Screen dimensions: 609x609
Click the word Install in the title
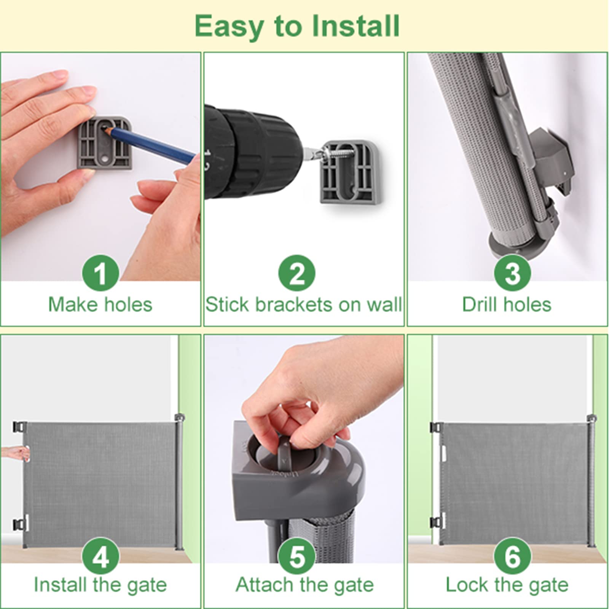[356, 26]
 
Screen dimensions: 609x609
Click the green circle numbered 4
[100, 556]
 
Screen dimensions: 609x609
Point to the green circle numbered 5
[297, 556]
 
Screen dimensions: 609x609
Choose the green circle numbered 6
[512, 556]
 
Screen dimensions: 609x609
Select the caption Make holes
[100, 304]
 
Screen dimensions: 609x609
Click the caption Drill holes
[507, 304]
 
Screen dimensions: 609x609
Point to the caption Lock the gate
[507, 585]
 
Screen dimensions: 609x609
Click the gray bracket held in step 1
[105, 142]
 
